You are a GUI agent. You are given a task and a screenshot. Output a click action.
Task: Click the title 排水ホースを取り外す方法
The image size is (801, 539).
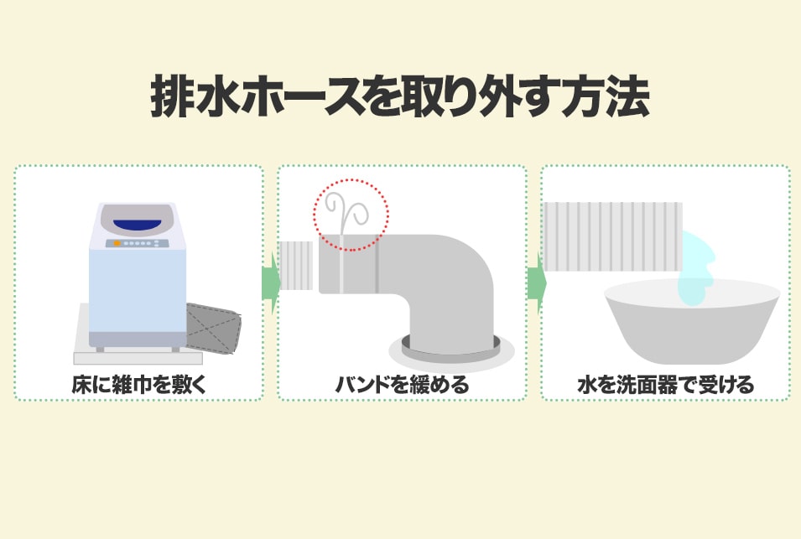coord(400,97)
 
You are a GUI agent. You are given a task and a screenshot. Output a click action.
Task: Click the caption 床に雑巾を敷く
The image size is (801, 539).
coord(139,385)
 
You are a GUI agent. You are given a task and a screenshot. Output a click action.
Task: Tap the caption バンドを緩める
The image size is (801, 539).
coord(402,385)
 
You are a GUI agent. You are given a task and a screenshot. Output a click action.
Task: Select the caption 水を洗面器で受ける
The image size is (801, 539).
coord(666,385)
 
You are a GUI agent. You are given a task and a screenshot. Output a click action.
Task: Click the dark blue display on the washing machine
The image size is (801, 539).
coord(138,224)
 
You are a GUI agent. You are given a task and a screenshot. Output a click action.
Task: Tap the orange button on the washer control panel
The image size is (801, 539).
coord(117,243)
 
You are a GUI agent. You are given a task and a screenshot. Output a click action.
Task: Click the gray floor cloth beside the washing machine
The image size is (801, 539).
coord(214,328)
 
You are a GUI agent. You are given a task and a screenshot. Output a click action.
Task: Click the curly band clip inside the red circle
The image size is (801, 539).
coord(346,215)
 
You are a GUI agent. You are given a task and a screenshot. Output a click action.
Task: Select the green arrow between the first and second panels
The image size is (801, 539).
coord(270,282)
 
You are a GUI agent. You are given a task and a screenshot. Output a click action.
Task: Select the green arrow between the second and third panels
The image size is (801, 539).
coord(536,282)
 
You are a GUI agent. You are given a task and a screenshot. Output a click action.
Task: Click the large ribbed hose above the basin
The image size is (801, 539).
coord(612,237)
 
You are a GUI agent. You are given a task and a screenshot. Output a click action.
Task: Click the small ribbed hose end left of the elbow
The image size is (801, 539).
coord(296,266)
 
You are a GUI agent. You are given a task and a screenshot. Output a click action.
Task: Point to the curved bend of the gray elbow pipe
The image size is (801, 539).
coord(460,271)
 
